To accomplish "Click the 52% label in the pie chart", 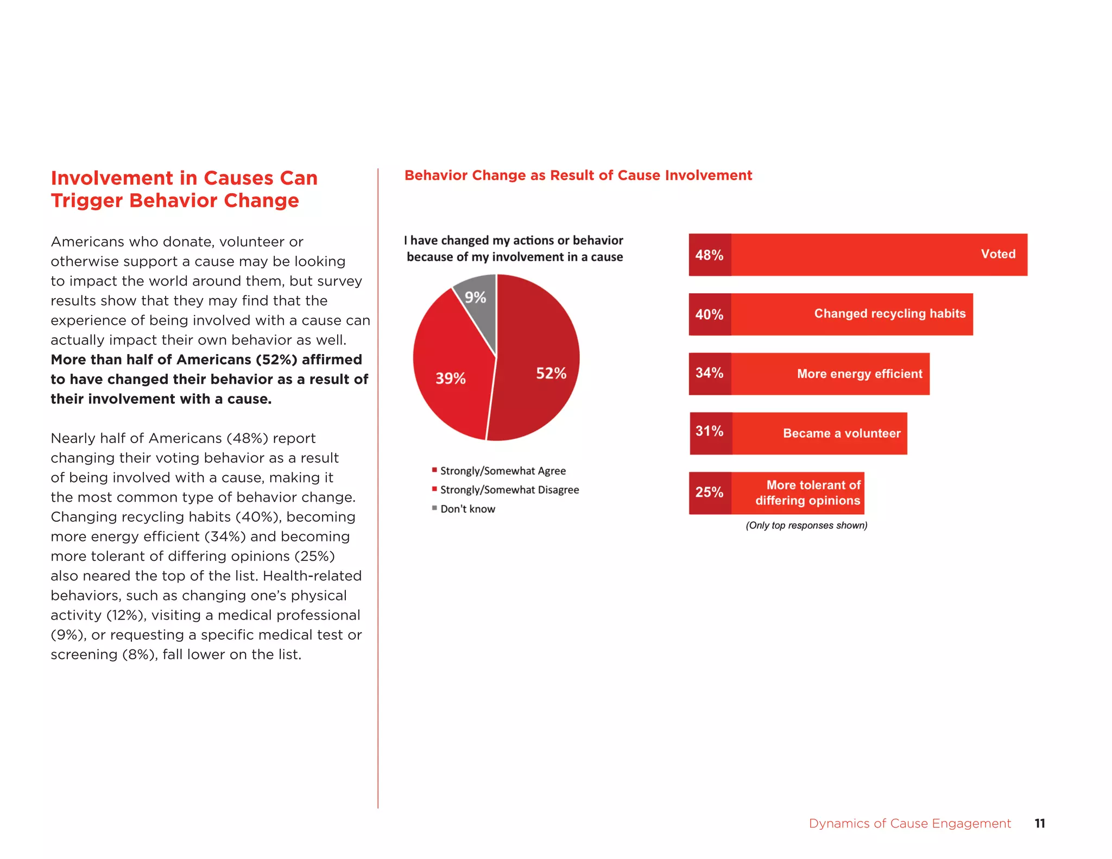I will point(551,374).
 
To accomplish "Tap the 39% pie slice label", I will point(450,378).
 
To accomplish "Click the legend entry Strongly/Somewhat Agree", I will point(502,471).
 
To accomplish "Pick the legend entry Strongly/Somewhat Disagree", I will point(509,490).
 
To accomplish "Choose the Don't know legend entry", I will point(467,509).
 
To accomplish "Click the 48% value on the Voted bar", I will point(709,255).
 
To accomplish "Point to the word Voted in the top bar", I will point(997,254).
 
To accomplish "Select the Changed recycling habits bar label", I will point(889,314).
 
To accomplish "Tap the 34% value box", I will point(709,373).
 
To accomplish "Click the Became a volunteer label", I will point(841,433).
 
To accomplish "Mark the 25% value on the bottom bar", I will point(709,492).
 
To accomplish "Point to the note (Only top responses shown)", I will point(806,526).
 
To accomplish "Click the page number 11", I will point(1039,824).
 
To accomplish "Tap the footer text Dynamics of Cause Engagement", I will point(909,824).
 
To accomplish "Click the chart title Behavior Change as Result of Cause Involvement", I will point(578,175).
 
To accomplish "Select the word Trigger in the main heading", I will point(87,201).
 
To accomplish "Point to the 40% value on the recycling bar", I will point(709,315).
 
